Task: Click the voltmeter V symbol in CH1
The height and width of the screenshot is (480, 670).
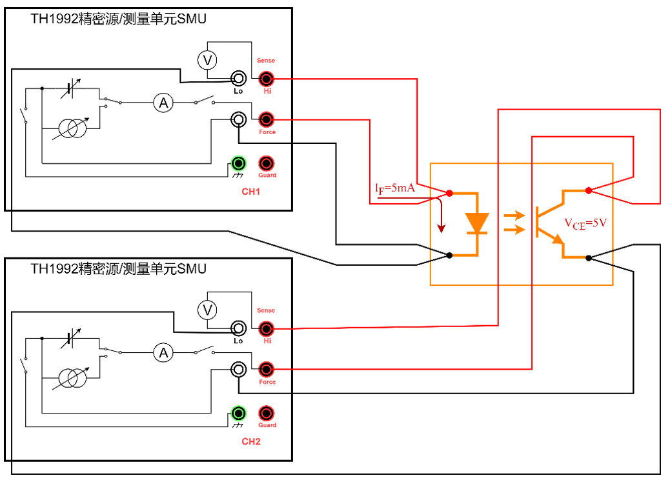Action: [207, 60]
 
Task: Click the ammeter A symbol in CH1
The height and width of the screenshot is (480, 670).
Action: [163, 102]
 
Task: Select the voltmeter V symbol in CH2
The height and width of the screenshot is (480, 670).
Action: [207, 310]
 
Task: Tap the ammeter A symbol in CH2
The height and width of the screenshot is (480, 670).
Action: [163, 352]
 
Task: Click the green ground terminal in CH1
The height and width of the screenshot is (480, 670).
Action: [239, 163]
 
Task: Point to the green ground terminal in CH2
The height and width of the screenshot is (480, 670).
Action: [239, 414]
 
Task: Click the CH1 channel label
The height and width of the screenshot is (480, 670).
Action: [251, 192]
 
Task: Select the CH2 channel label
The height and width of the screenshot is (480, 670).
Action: [251, 442]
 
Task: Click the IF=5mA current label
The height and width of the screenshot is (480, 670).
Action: [394, 188]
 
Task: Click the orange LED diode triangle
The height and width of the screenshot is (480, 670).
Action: [478, 222]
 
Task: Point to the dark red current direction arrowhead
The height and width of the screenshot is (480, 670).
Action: [442, 228]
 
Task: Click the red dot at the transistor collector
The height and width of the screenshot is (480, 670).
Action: [588, 190]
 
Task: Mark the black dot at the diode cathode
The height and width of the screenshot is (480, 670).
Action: [449, 255]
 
